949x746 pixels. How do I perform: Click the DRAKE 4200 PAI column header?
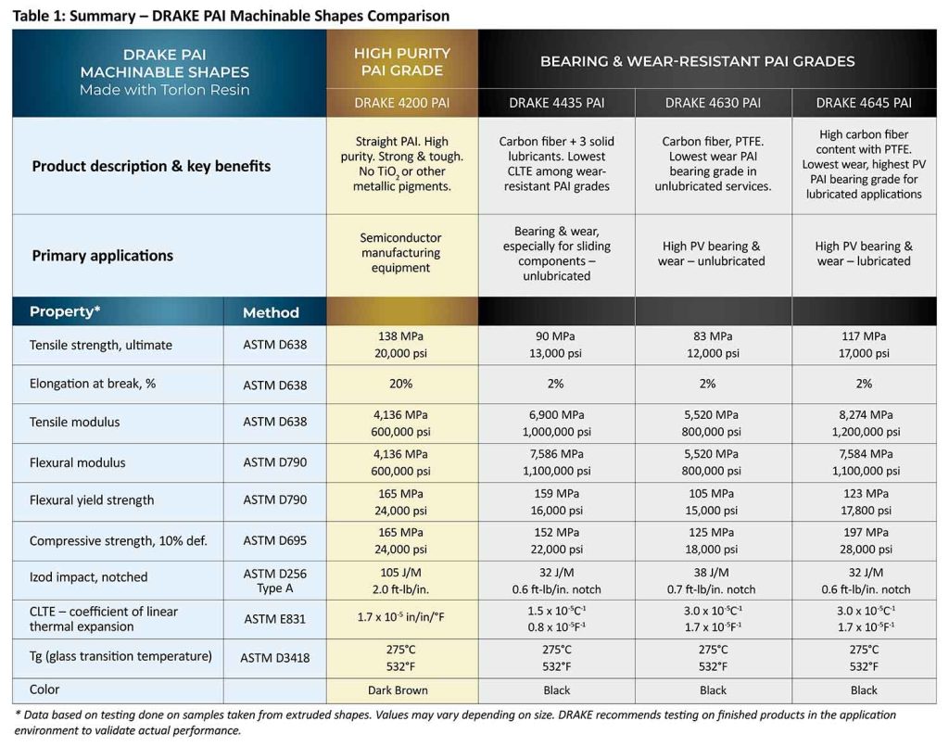[401, 103]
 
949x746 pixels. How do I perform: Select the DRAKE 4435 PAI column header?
[556, 103]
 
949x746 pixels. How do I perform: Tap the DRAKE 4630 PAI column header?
[713, 103]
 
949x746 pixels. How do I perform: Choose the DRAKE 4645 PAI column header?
[864, 103]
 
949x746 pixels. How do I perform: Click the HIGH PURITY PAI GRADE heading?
[401, 62]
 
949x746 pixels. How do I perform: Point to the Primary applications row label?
[103, 256]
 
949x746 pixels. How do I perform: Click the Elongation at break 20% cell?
[401, 384]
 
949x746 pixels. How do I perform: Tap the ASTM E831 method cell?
[274, 619]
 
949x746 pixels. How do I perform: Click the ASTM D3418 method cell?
[274, 658]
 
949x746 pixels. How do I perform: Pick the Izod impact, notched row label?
[89, 577]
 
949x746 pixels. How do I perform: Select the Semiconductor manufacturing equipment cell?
[401, 253]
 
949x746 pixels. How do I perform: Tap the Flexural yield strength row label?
[92, 500]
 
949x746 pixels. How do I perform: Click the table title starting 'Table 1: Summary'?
[231, 16]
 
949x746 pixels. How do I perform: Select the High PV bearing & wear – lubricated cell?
[864, 254]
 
